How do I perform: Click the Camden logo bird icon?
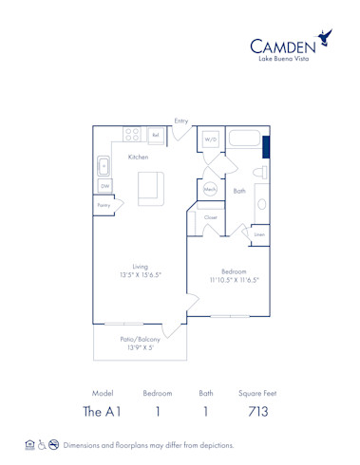point(326,38)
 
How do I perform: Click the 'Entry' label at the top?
point(180,120)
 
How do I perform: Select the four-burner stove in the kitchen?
point(133,136)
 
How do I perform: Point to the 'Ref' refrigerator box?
point(155,136)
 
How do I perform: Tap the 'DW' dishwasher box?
point(104,185)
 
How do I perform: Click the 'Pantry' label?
point(104,204)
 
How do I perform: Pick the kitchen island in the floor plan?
point(150,187)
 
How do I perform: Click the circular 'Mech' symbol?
point(211,190)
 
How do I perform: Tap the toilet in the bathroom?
point(259,173)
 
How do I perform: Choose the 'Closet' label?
point(211,217)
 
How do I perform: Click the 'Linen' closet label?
point(258,234)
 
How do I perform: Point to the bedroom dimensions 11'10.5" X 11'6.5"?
point(234,275)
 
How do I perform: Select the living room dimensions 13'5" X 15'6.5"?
point(140,270)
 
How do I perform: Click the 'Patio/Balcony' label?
point(140,343)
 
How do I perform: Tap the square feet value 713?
point(256,411)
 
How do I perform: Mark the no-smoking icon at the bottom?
point(54,444)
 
